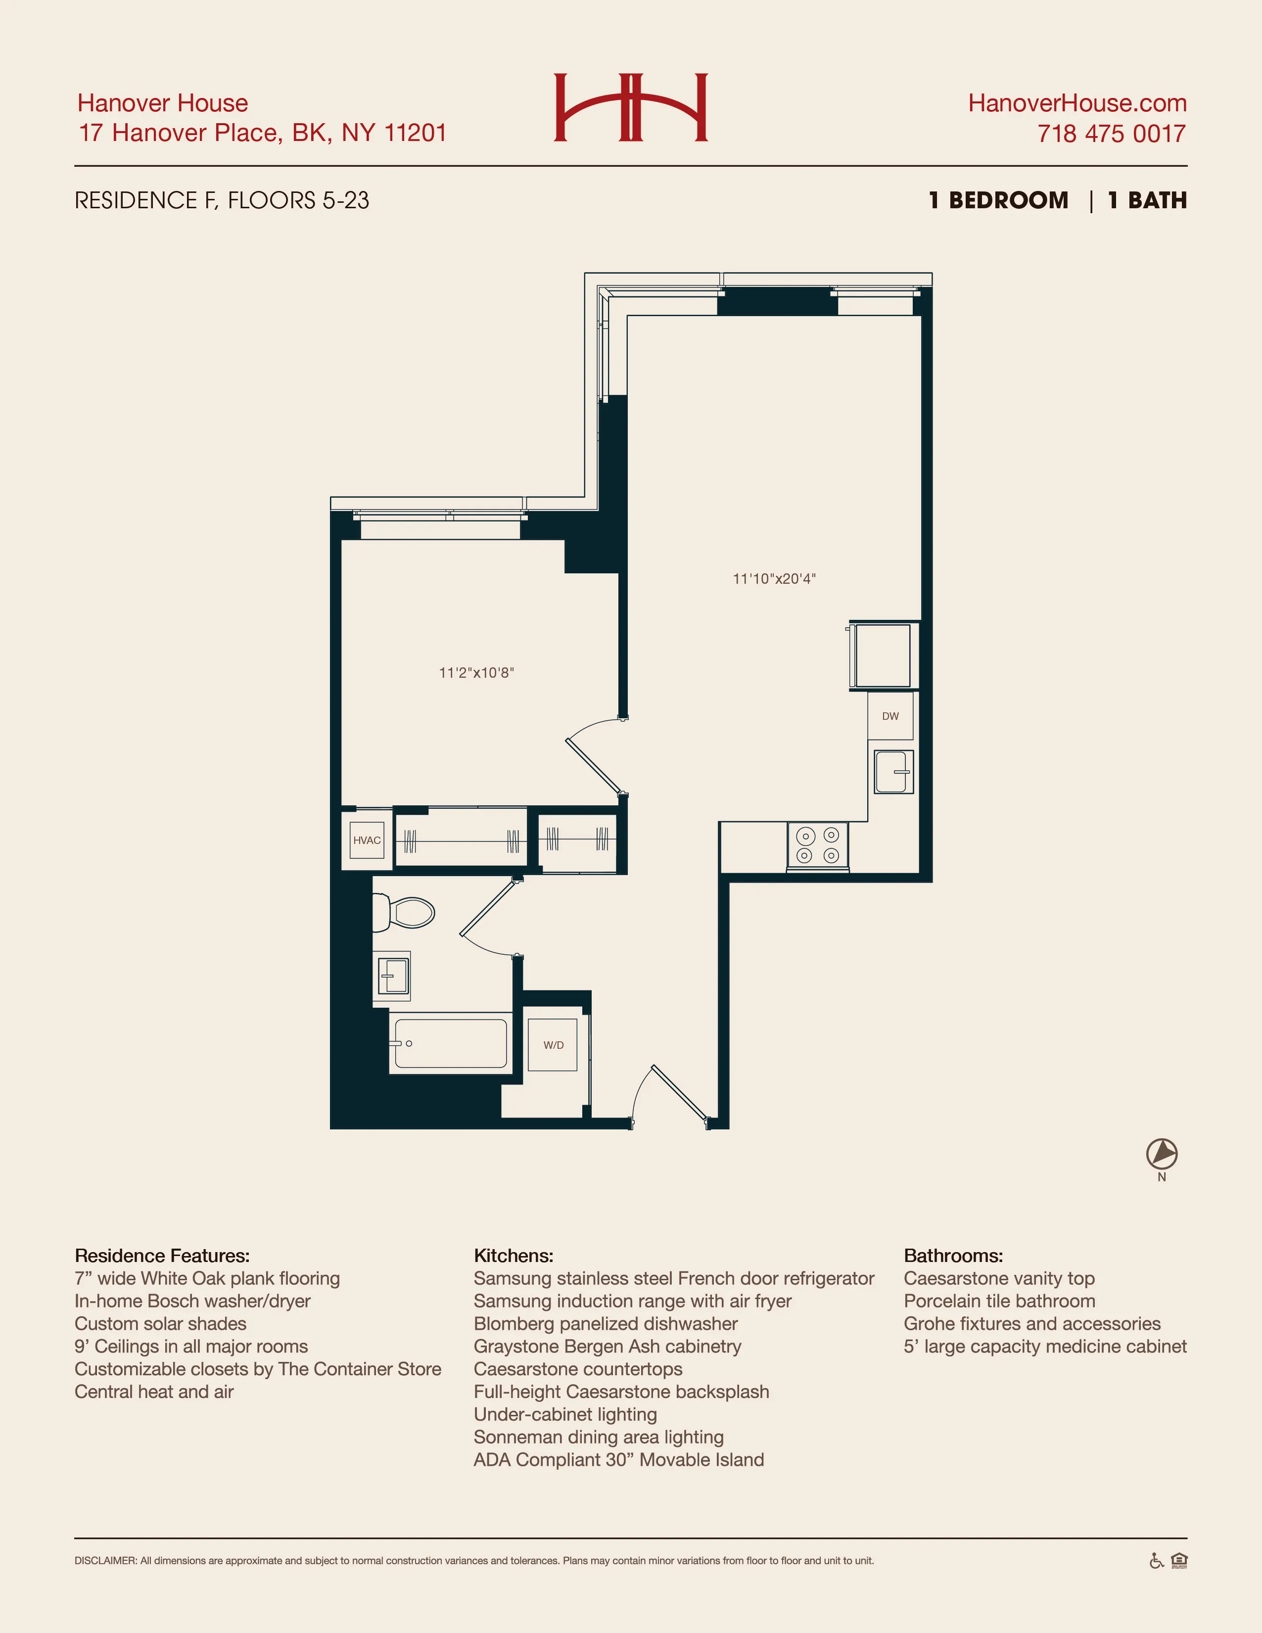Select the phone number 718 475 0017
pyautogui.click(x=1111, y=134)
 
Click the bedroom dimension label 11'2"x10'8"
pyautogui.click(x=476, y=673)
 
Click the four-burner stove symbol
pyautogui.click(x=818, y=845)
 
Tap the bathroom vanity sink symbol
pyautogui.click(x=392, y=976)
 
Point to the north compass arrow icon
pyautogui.click(x=1162, y=1154)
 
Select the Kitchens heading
pyautogui.click(x=514, y=1256)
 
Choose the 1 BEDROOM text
pyautogui.click(x=998, y=200)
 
